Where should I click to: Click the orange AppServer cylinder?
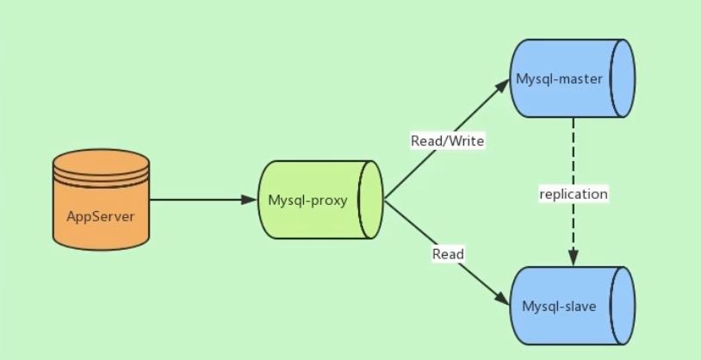pos(101,200)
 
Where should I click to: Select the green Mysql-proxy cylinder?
pos(320,200)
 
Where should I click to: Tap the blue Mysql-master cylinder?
pos(572,78)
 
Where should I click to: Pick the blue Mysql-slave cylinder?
pos(572,306)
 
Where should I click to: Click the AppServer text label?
pos(101,217)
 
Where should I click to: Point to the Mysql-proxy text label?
pos(307,200)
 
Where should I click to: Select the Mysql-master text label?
pos(559,79)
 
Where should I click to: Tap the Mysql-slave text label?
pos(559,307)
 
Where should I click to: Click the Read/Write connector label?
pos(448,141)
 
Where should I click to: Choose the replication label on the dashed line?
pos(574,194)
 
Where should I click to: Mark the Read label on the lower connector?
pos(448,254)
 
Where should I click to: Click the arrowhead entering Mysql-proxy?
pos(249,200)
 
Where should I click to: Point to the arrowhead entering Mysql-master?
pos(503,85)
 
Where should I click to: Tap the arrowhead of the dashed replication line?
pos(574,258)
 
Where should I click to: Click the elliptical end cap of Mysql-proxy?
pos(370,200)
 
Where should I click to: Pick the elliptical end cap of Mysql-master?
pos(623,78)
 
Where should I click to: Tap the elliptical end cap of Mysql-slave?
pos(623,306)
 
